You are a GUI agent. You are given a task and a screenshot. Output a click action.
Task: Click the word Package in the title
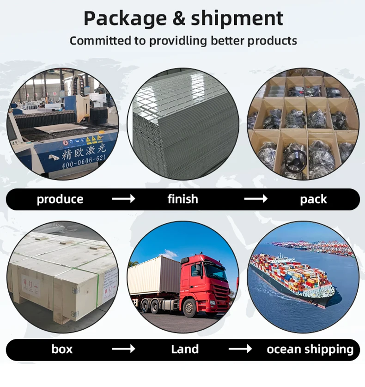[125, 18]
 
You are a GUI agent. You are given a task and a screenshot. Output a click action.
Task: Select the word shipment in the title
[237, 18]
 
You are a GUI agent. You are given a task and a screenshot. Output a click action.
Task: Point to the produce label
[60, 199]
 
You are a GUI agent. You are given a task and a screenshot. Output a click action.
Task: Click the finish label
[182, 199]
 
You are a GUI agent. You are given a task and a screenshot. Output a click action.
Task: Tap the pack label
[313, 199]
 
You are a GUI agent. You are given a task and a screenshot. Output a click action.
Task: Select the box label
[62, 349]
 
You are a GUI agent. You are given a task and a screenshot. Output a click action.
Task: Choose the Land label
[185, 349]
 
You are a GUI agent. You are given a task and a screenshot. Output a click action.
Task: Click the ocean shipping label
[310, 350]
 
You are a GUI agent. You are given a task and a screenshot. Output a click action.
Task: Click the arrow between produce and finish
[123, 199]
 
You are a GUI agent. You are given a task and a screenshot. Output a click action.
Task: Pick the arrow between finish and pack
[256, 199]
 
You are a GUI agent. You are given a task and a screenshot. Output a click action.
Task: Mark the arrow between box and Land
[123, 349]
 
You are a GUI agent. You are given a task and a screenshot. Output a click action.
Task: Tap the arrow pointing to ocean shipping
[240, 349]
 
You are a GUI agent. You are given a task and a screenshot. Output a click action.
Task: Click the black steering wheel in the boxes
[294, 160]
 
